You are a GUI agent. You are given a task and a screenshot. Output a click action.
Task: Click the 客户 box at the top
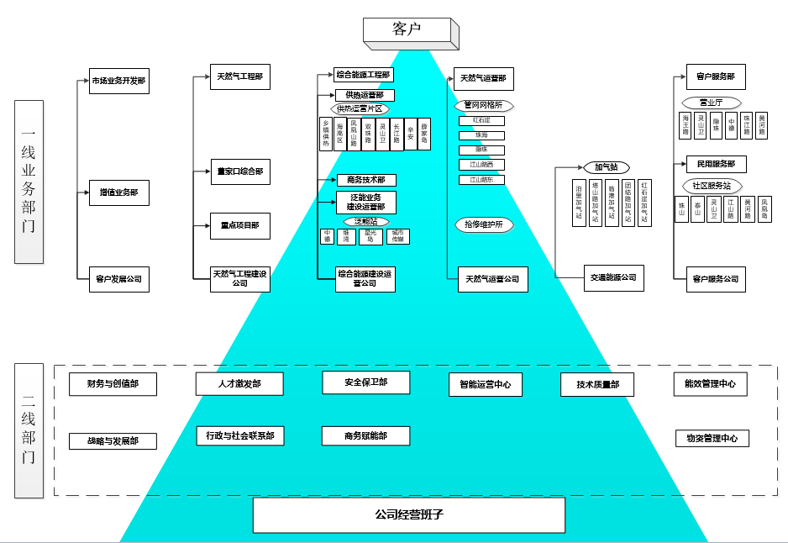[x=407, y=29]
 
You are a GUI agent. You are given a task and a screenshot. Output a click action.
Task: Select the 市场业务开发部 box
[x=118, y=82]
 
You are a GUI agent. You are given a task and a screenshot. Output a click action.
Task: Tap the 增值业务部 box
[x=118, y=192]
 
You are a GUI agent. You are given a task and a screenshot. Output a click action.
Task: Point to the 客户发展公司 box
[x=118, y=279]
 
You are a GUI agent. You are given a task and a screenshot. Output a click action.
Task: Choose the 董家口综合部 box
[x=239, y=171]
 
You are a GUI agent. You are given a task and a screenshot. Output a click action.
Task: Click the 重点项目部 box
[x=239, y=225]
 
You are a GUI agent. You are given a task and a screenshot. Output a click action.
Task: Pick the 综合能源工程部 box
[x=363, y=75]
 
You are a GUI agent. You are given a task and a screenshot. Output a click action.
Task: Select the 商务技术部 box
[x=365, y=180]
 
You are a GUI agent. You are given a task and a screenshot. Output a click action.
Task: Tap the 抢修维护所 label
[x=483, y=224]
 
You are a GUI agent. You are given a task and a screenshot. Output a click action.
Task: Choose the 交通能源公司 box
[x=613, y=278]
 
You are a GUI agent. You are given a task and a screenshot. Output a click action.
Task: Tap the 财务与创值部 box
[x=113, y=384]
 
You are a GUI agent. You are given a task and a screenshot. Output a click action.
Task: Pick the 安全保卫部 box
[x=365, y=382]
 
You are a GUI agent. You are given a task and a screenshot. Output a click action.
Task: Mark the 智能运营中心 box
[x=485, y=385]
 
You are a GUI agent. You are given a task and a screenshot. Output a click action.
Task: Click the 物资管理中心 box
[x=712, y=438]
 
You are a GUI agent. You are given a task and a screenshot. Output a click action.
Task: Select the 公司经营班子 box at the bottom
[x=409, y=514]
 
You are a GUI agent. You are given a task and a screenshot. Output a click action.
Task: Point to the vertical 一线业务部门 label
[x=28, y=181]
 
